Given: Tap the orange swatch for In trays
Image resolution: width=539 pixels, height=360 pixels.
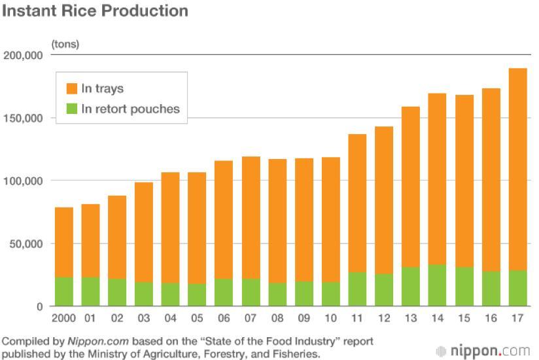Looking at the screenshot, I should (70, 88).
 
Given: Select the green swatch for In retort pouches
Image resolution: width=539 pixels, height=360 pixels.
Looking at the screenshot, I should (70, 109).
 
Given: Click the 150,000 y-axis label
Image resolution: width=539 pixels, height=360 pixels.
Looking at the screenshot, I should (24, 118).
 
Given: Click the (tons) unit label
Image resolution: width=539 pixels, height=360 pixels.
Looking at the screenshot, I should (65, 44).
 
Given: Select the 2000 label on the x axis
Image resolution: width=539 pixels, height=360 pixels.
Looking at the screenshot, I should (63, 319).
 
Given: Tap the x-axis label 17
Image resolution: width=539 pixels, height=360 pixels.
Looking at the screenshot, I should (517, 319).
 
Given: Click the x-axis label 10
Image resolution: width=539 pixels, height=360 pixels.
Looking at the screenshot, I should (331, 319).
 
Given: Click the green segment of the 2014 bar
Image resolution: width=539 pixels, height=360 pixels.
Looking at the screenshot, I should (438, 285).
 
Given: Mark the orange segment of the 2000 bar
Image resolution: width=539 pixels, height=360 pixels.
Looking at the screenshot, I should (63, 242).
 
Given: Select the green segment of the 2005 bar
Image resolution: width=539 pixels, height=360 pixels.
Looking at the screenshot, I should (198, 295).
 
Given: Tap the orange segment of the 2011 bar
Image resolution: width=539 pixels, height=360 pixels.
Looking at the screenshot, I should (357, 203).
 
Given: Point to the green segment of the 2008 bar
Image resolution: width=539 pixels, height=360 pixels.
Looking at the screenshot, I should (277, 295).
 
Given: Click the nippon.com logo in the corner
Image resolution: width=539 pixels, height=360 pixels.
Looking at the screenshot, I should (483, 350).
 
